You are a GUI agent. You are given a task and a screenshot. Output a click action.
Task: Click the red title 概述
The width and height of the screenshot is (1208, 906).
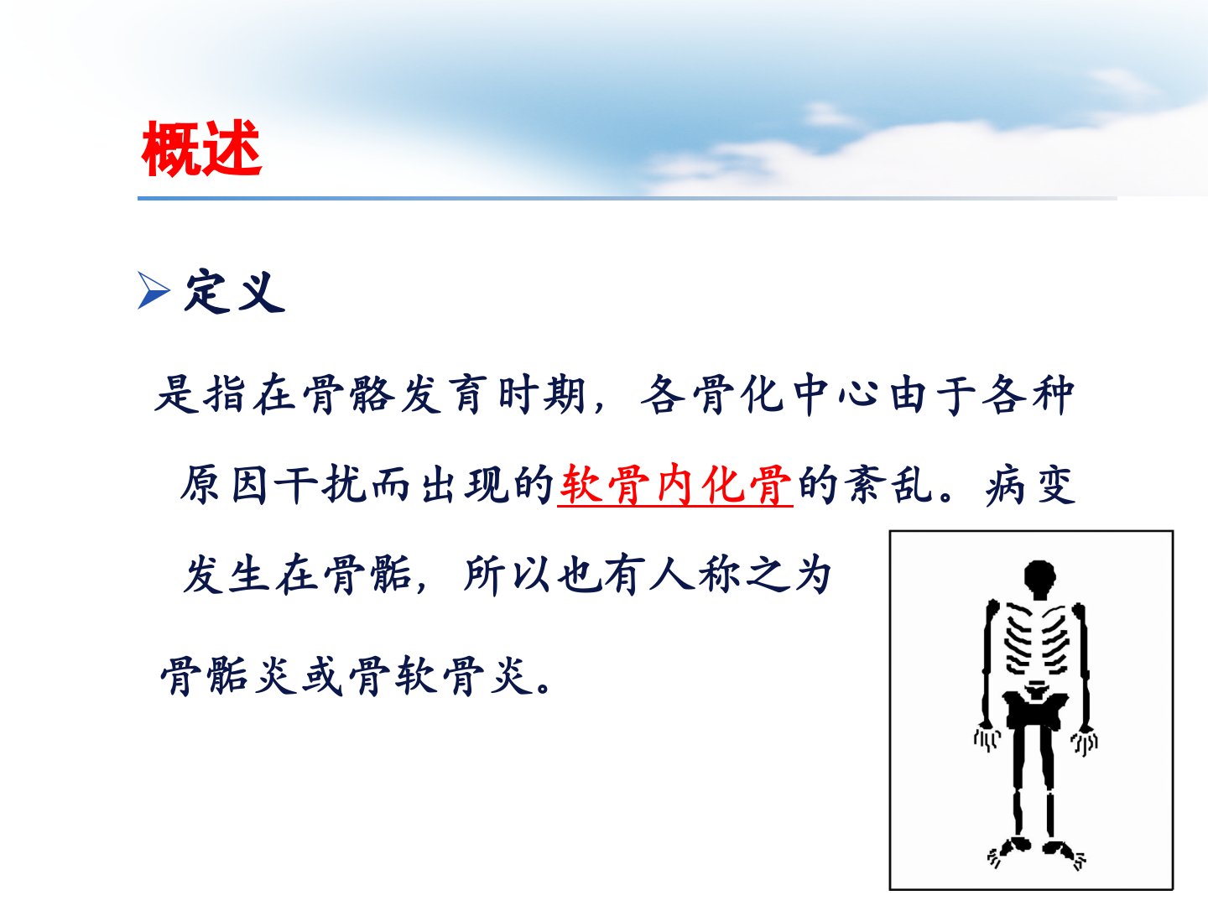point(201,148)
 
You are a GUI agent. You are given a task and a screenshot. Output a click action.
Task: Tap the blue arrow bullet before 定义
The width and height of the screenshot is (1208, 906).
point(154,290)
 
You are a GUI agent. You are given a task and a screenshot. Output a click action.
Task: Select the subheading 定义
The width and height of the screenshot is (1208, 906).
point(235,291)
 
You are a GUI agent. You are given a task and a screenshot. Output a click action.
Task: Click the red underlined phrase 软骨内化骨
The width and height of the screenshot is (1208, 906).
point(675,485)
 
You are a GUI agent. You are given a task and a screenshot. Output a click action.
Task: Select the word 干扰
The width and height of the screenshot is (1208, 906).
point(320,485)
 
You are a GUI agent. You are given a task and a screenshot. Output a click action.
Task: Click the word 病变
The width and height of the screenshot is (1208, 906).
point(1030,485)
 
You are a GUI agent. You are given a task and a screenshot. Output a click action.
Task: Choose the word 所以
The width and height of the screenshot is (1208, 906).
point(507,575)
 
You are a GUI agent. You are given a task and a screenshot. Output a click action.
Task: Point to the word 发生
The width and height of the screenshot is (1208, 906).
point(226,575)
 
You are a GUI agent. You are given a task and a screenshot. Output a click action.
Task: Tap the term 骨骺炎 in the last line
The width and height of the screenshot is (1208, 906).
point(229,676)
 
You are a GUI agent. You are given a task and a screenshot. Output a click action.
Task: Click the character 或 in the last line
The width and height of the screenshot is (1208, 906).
point(323,676)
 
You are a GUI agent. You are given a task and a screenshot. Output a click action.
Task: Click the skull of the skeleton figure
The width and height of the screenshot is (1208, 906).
point(1039,579)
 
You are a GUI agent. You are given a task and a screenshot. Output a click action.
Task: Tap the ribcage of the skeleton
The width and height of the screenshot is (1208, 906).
point(1037,639)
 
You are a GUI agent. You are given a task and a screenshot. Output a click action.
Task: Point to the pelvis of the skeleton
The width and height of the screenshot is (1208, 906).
point(1034,706)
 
